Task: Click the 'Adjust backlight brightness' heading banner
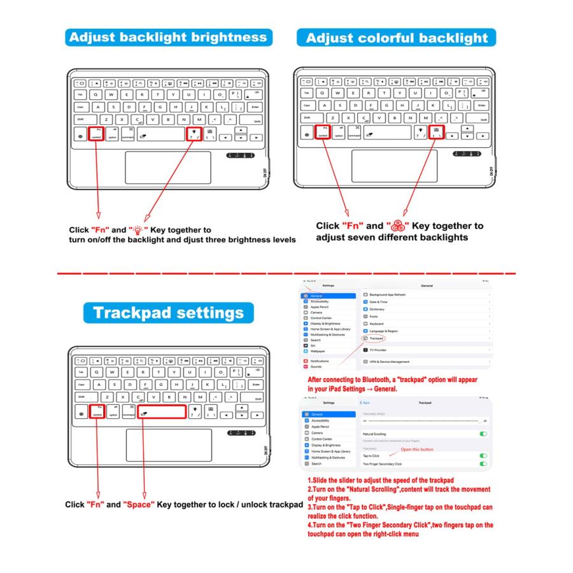pyautogui.click(x=169, y=36)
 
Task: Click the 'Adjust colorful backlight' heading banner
pyautogui.click(x=396, y=38)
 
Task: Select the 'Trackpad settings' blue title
pyautogui.click(x=169, y=313)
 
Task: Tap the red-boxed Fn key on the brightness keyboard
pyautogui.click(x=97, y=133)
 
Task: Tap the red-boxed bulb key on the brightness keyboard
pyautogui.click(x=192, y=133)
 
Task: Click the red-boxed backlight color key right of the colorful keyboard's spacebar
pyautogui.click(x=436, y=132)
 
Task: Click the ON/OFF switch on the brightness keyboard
pyautogui.click(x=265, y=171)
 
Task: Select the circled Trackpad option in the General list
pyautogui.click(x=376, y=339)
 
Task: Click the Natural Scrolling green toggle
pyautogui.click(x=483, y=434)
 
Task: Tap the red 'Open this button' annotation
pyautogui.click(x=416, y=449)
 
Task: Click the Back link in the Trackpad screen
pyautogui.click(x=365, y=403)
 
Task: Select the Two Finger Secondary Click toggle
pyautogui.click(x=483, y=464)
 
